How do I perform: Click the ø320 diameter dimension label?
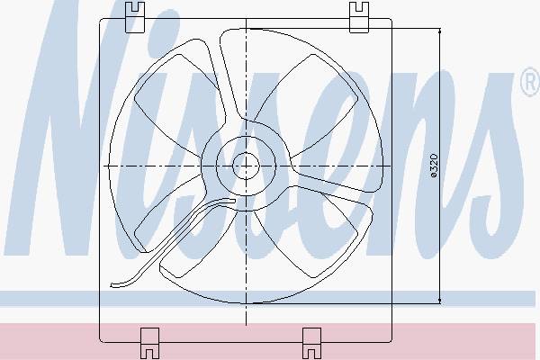(x=435, y=166)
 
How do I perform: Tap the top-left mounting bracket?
(x=135, y=17)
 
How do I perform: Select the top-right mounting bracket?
(x=359, y=17)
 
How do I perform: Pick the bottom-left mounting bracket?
(x=150, y=343)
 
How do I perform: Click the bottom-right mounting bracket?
(x=311, y=343)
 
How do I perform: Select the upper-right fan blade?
(x=310, y=103)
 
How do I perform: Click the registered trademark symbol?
(x=531, y=82)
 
